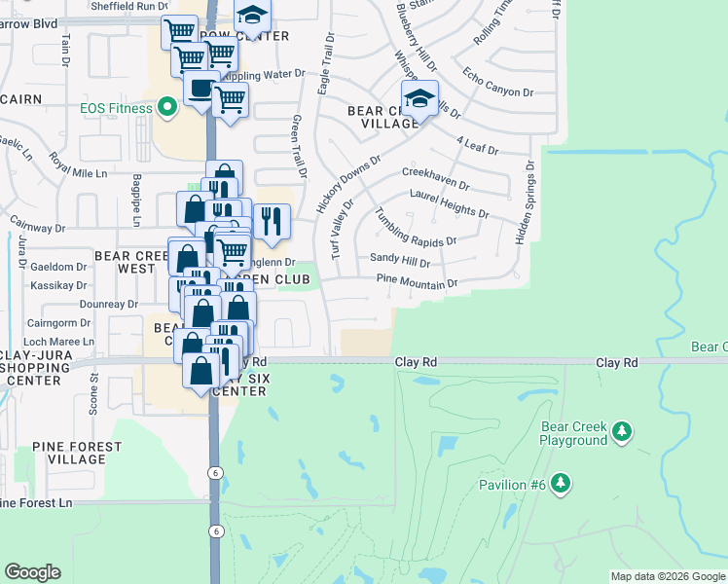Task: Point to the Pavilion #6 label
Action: click(511, 485)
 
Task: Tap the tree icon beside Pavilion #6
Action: click(560, 483)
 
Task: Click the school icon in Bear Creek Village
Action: click(419, 99)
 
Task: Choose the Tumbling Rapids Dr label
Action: click(416, 231)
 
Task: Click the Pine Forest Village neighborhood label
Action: click(77, 453)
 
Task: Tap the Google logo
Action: click(32, 572)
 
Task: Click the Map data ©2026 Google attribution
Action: click(668, 576)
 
